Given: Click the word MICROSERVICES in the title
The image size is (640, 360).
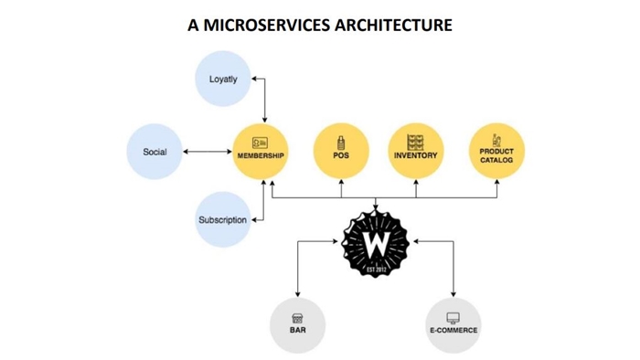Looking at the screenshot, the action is pos(267,25).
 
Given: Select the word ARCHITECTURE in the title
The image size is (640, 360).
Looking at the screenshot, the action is pos(394,25).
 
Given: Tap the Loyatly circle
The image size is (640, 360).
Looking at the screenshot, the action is pos(223,79).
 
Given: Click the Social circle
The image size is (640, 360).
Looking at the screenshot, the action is pos(155,152).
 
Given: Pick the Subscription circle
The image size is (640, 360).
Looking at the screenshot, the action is pos(223,220).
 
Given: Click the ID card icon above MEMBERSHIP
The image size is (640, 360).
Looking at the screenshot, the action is pos(260,143).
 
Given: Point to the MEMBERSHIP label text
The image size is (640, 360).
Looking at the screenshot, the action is pos(261,155).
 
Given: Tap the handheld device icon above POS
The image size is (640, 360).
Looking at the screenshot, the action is pos(341,143).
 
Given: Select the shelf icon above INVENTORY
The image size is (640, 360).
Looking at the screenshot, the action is pos(415,143).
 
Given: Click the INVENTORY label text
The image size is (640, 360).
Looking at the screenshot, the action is pos(415,155).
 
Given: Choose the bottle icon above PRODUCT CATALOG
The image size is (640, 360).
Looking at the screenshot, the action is pos(496,140).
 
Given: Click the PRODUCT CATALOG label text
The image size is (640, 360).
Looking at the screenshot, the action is pos(496,155).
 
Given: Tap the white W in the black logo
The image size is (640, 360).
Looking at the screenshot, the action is pos(375,246).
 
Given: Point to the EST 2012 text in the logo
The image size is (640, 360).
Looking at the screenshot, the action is pos(376,270).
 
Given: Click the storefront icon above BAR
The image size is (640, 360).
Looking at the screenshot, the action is pos(297,318).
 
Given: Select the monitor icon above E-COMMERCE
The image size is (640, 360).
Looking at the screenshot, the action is pos(453,318).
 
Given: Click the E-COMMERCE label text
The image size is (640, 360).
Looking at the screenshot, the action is pos(453,330).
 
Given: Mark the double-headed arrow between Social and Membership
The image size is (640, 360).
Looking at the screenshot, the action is pos(208,152).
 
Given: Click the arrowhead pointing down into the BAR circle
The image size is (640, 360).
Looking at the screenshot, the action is pos(297,294).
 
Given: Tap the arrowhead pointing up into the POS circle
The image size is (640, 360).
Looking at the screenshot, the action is pos(341,182).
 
